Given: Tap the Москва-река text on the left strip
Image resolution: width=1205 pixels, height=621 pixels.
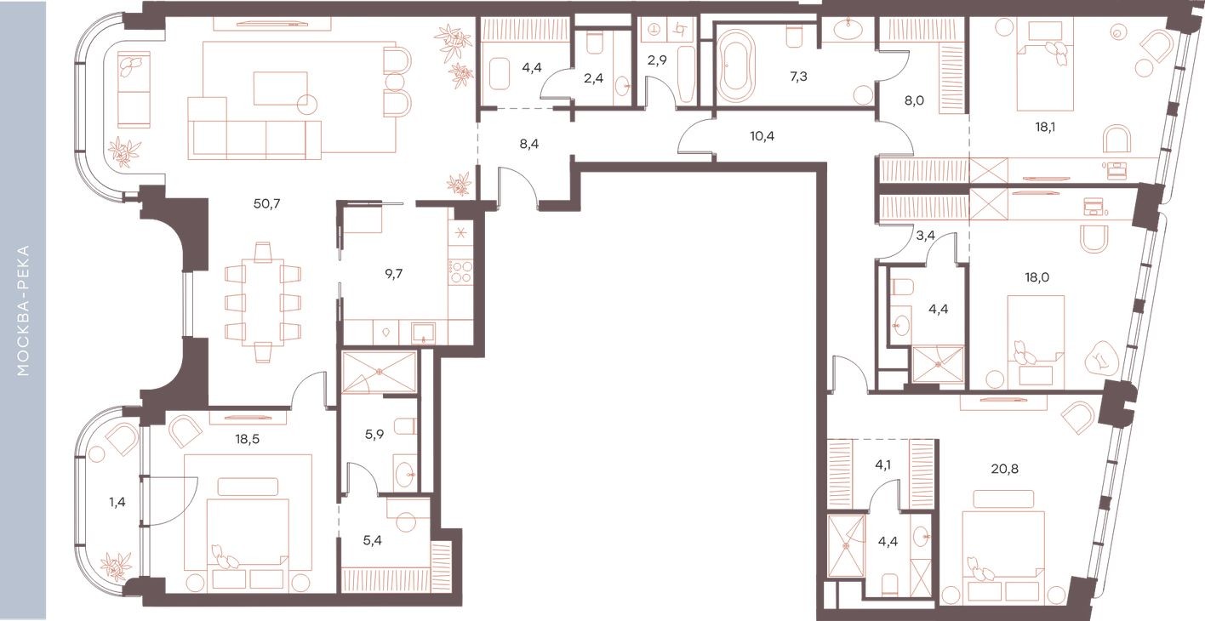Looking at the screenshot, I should (23, 310).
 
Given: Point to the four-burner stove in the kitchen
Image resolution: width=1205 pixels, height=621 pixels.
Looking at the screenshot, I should (461, 271).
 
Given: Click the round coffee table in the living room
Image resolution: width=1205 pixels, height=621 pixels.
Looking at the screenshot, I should (307, 104).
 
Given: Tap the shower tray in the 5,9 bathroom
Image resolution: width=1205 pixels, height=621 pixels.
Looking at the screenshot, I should (379, 372).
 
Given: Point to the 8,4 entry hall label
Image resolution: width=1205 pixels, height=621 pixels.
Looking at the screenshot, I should (528, 144).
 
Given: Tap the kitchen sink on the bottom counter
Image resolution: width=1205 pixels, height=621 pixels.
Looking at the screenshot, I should (422, 333).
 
